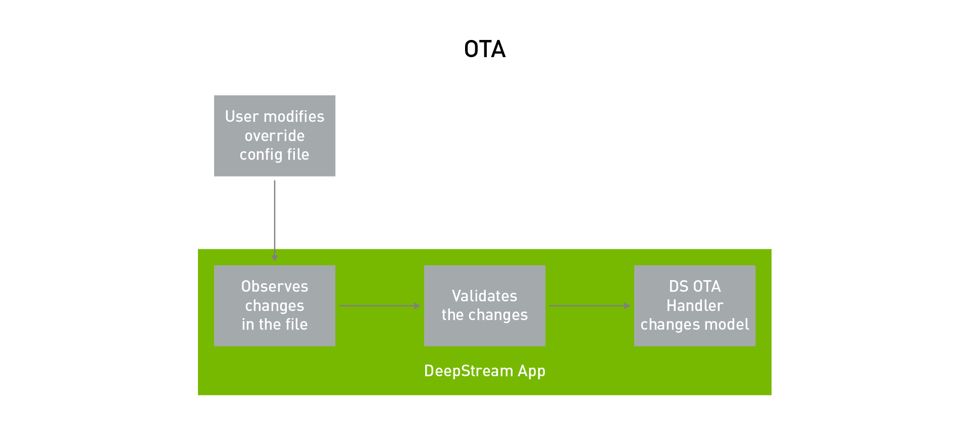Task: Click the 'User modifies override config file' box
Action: [275, 136]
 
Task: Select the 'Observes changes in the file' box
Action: [275, 305]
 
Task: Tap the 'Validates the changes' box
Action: [484, 305]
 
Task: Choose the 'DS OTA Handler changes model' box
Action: [694, 305]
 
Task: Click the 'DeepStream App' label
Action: [484, 371]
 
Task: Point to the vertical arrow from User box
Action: [275, 217]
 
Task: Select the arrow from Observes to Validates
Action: [379, 305]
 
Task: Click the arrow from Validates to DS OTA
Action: [588, 305]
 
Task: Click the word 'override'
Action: [275, 136]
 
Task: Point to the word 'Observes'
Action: [275, 286]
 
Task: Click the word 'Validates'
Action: [484, 296]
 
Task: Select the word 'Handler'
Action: [694, 305]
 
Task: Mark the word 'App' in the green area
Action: [531, 371]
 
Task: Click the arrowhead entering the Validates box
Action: [417, 305]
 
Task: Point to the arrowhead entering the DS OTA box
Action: [627, 305]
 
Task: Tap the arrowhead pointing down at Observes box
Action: [275, 258]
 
